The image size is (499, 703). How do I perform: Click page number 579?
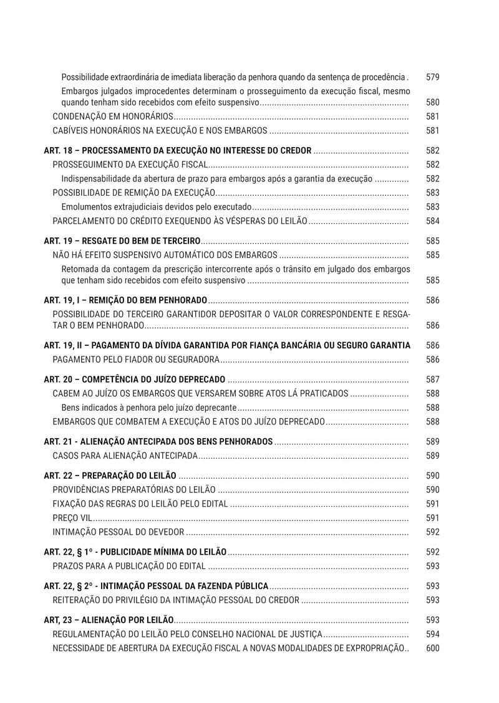coord(432,77)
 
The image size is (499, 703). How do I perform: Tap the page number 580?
coord(432,102)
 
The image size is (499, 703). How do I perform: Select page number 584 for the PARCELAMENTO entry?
coord(432,221)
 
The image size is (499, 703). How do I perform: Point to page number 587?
coord(432,380)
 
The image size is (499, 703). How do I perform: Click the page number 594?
coord(432,634)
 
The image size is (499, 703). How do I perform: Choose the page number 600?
coord(432,648)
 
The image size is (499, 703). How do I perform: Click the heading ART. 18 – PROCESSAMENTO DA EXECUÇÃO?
coord(177,151)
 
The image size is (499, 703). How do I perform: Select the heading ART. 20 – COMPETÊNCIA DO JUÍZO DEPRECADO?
coord(135,380)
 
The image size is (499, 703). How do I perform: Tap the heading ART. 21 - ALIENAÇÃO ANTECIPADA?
coord(158,442)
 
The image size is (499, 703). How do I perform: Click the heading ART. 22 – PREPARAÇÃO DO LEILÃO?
coord(110,476)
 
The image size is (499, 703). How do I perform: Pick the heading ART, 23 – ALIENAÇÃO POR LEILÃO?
coord(109,620)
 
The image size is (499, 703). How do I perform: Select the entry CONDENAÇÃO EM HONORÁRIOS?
coord(112,117)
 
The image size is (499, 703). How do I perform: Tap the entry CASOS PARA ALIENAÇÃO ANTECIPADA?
coord(125,456)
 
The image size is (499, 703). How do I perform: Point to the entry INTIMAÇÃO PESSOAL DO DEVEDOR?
coord(118,532)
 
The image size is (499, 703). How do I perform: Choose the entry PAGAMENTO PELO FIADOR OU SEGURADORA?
coord(135,360)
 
